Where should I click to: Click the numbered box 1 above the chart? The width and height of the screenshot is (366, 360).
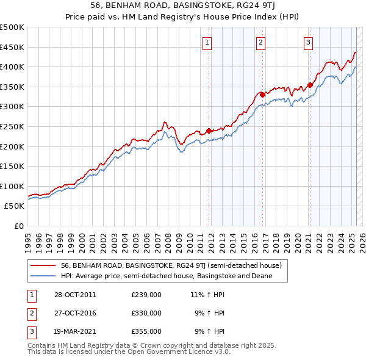pyautogui.click(x=208, y=42)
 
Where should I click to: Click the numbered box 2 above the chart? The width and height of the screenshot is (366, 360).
pyautogui.click(x=260, y=42)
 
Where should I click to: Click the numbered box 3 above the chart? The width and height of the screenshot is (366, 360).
pyautogui.click(x=308, y=42)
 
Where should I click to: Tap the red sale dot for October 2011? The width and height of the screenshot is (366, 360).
pyautogui.click(x=209, y=131)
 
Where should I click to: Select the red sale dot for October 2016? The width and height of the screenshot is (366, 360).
pyautogui.click(x=262, y=94)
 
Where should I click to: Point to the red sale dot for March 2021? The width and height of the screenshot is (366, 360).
pyautogui.click(x=310, y=85)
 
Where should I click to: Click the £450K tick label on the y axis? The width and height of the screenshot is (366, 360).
pyautogui.click(x=13, y=47)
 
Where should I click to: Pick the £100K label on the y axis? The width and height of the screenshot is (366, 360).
pyautogui.click(x=13, y=186)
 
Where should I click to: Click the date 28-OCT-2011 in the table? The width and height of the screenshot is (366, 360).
pyautogui.click(x=75, y=295)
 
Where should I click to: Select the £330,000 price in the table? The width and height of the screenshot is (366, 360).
pyautogui.click(x=146, y=313)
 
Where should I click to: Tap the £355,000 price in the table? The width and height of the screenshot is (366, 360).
pyautogui.click(x=146, y=331)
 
